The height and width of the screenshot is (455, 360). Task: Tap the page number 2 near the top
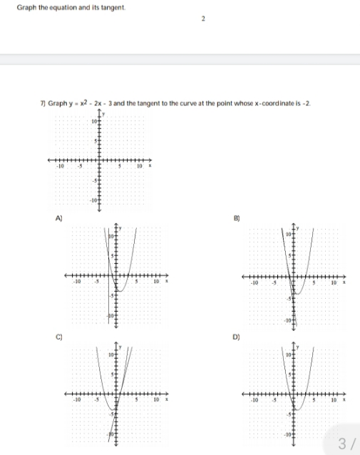click(203, 19)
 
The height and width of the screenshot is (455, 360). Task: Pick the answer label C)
click(52, 334)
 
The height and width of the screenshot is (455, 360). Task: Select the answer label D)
click(237, 334)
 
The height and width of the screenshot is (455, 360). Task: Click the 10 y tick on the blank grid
click(93, 122)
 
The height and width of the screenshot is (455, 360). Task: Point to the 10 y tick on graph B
click(289, 233)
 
